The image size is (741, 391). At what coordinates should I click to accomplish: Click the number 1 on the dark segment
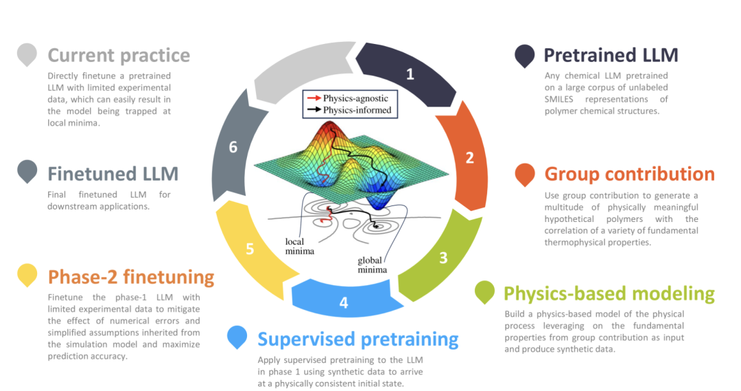click(410, 74)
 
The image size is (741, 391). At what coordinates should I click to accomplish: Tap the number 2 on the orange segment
click(470, 158)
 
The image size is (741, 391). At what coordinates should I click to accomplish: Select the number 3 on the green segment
click(443, 258)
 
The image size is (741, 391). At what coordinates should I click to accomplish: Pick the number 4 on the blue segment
click(344, 302)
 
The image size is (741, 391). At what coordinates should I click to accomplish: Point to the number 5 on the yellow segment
click(250, 249)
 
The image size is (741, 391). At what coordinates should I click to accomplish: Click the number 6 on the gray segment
click(233, 147)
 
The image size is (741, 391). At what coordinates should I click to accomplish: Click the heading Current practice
click(119, 55)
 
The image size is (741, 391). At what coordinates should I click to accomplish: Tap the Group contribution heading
click(629, 174)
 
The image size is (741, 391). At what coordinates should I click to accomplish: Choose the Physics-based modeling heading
click(609, 293)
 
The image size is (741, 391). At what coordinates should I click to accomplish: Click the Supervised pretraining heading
click(357, 339)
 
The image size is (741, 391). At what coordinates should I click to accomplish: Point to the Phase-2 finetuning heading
click(131, 277)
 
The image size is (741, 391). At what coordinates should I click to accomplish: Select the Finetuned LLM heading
click(113, 173)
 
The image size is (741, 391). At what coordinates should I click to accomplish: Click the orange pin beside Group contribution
click(525, 175)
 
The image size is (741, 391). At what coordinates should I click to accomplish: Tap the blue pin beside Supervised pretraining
click(237, 337)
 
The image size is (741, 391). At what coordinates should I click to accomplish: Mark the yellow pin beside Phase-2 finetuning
click(27, 276)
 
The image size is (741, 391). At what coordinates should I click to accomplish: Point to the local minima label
click(300, 247)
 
